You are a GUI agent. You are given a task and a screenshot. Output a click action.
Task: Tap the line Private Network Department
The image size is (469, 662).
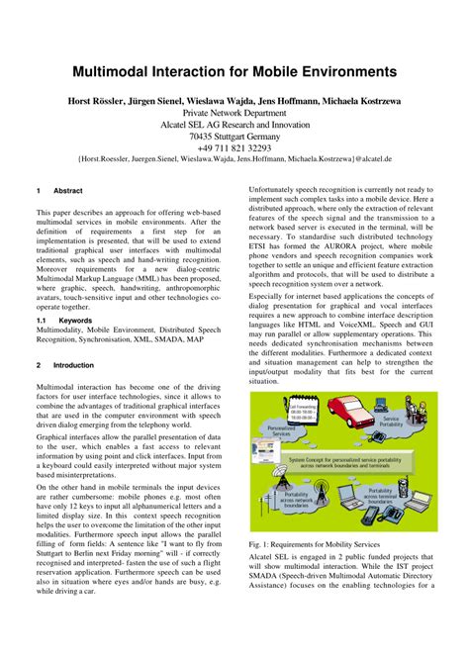pos(234,114)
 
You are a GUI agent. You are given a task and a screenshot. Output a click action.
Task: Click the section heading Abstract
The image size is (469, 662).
pos(68,191)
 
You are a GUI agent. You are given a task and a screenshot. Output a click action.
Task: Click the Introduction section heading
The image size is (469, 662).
pos(73,364)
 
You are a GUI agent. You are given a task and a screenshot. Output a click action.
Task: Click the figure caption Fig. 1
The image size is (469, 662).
pos(315,542)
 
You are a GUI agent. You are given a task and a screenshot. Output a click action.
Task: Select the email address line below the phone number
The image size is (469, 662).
pos(234,158)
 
